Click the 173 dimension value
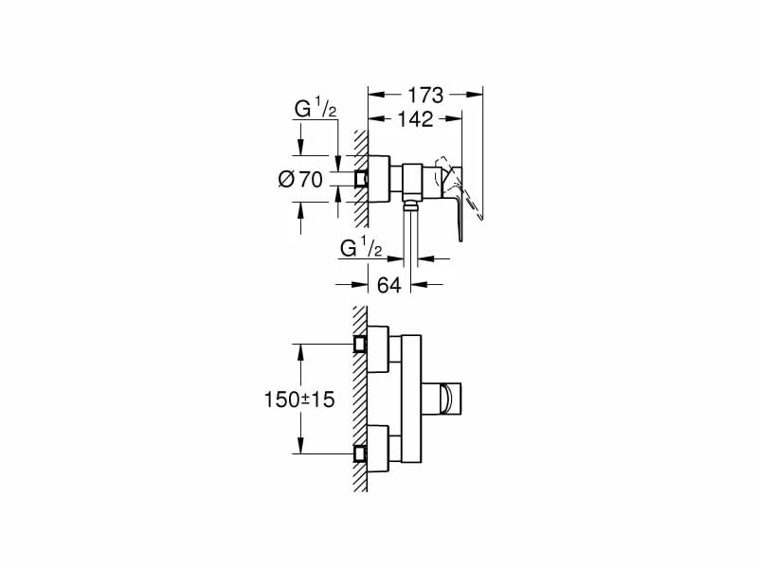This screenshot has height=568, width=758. click(426, 95)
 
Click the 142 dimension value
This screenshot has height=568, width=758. click(413, 119)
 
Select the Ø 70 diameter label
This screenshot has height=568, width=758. click(301, 179)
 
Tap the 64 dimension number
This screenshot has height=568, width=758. click(389, 285)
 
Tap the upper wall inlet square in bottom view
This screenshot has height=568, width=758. click(360, 344)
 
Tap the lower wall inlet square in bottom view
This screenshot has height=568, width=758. click(360, 453)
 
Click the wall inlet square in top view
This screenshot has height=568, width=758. click(360, 179)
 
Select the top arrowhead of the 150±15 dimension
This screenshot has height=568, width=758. click(302, 348)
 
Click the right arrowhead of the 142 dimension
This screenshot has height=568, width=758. click(457, 119)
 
